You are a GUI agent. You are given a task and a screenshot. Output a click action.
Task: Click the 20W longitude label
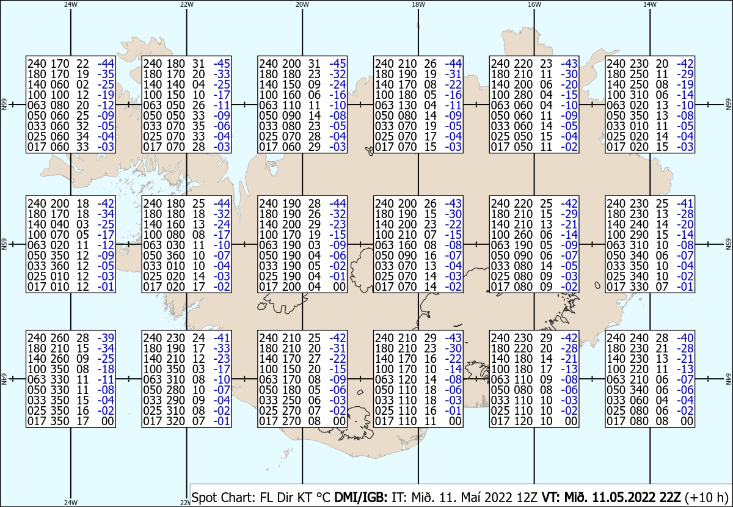pos(302,5)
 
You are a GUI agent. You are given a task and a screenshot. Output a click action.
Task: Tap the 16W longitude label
pos(534,5)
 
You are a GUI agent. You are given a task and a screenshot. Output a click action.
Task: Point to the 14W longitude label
pos(650,5)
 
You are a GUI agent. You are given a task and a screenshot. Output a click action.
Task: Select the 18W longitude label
pos(418,5)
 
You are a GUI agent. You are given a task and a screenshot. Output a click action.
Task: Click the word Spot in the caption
pos(203,497)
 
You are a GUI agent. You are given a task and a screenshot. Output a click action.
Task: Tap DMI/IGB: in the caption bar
pos(360,497)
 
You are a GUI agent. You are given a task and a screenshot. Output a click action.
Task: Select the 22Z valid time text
pos(669,497)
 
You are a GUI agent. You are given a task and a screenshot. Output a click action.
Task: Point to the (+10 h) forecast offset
pos(707,497)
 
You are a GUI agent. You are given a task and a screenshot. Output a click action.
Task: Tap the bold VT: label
pos(552,497)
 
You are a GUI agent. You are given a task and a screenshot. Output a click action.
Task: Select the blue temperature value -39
pos(106,338)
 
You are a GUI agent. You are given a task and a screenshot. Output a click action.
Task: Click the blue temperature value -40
pos(685,338)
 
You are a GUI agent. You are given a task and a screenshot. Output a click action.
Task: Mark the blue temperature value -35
pos(106,74)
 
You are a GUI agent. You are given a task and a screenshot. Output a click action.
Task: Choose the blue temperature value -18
pos(106,369)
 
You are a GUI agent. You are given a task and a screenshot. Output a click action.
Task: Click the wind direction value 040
pos(60,224)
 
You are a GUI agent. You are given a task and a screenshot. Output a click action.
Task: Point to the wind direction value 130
pos(407,105)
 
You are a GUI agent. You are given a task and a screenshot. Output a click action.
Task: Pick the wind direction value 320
pos(176,421)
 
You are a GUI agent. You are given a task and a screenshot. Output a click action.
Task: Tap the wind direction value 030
pos(176,245)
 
